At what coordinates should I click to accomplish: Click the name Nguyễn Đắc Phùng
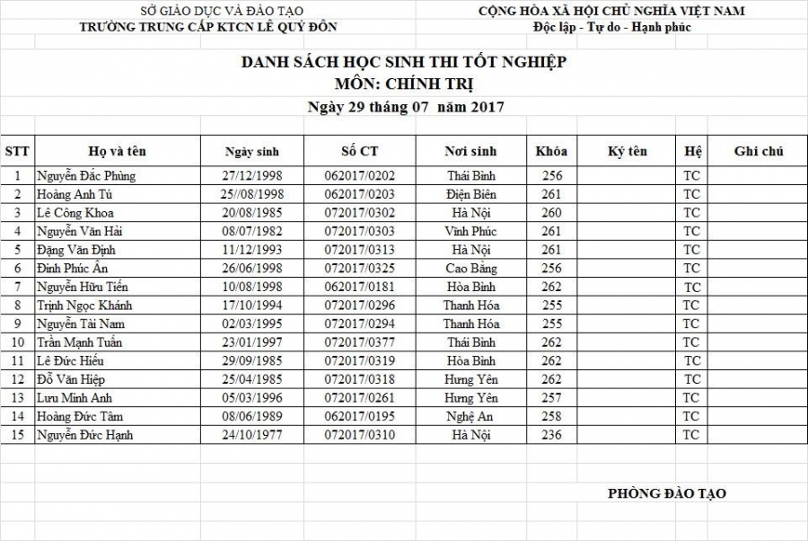pos(86,176)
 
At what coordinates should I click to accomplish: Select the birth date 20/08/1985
pos(252,213)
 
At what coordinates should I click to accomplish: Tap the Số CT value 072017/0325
pos(359,269)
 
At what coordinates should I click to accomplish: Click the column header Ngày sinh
pos(252,152)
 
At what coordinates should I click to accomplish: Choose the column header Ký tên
pos(627,151)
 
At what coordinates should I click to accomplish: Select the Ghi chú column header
pos(758,151)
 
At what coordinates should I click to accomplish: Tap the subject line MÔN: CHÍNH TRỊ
pos(403,84)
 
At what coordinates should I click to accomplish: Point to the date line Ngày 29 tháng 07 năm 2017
pos(405,107)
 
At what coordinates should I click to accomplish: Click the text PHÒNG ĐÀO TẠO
pos(666,492)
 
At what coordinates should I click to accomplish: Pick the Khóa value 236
pos(552,435)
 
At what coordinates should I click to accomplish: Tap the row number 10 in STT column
pos(17,342)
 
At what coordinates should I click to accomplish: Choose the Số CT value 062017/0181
pos(359,287)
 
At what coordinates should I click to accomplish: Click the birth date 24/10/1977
pos(252,435)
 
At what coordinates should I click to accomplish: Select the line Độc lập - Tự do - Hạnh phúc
pos(611,26)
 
